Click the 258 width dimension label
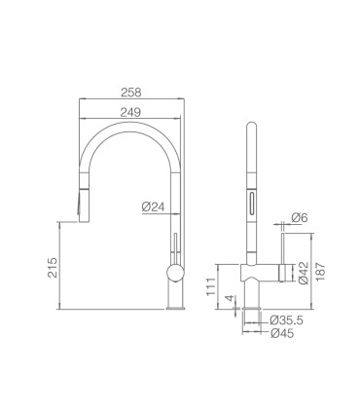[131, 93]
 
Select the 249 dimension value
[130, 112]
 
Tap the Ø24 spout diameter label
[154, 206]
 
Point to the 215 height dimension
[53, 267]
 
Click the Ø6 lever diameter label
[299, 217]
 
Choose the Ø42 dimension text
[304, 273]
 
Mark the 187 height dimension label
[320, 272]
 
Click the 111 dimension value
[211, 286]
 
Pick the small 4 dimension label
[230, 298]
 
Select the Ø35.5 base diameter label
[286, 320]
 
